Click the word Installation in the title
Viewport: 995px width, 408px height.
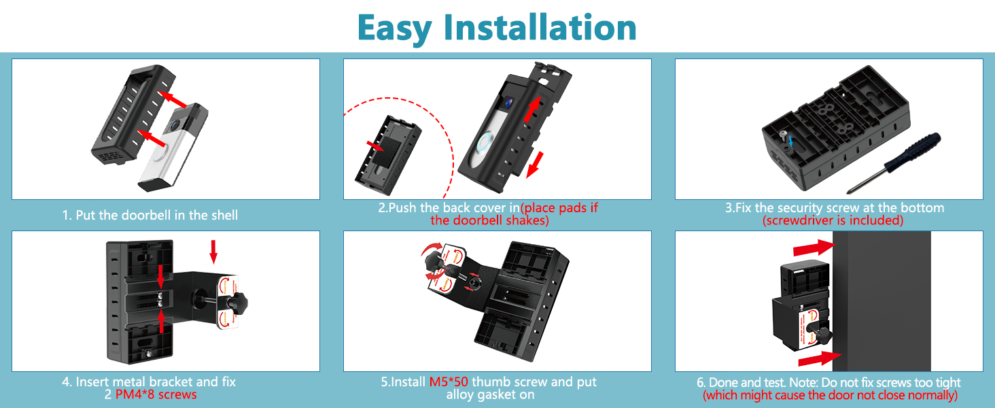pyautogui.click(x=540, y=28)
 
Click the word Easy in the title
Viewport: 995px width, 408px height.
pyautogui.click(x=394, y=30)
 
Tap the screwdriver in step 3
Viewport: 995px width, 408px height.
pyautogui.click(x=894, y=163)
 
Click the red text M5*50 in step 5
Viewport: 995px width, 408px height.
pyautogui.click(x=449, y=381)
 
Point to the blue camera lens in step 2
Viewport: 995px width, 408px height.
pyautogui.click(x=508, y=103)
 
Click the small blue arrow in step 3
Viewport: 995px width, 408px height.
pyautogui.click(x=791, y=142)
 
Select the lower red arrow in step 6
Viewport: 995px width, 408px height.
pyautogui.click(x=820, y=358)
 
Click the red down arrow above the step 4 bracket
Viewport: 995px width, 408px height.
pyautogui.click(x=213, y=252)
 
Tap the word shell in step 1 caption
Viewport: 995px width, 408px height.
pyautogui.click(x=224, y=215)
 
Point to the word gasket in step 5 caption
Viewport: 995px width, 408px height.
pyautogui.click(x=492, y=395)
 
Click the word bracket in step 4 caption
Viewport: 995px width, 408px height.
pyautogui.click(x=169, y=381)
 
